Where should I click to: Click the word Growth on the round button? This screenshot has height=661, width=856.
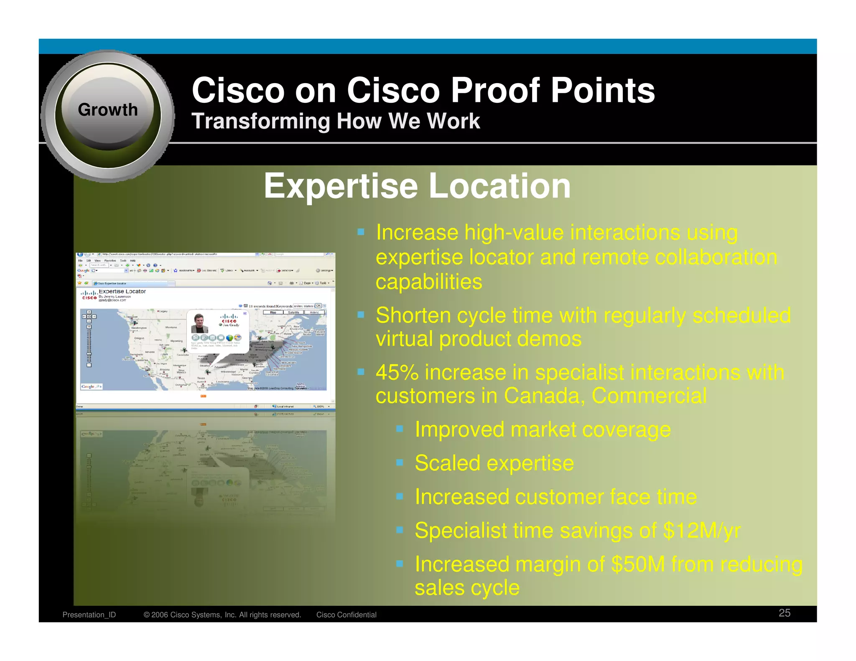pyautogui.click(x=107, y=110)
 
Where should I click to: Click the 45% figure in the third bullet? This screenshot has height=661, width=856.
pyautogui.click(x=397, y=372)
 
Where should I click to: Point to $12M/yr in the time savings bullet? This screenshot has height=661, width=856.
pyautogui.click(x=702, y=531)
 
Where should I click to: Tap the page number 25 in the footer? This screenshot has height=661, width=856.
pyautogui.click(x=784, y=613)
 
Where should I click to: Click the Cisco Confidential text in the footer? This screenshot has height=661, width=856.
pyautogui.click(x=346, y=615)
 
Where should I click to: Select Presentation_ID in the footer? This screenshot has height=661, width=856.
pyautogui.click(x=89, y=615)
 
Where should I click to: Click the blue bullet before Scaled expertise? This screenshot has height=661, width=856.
pyautogui.click(x=400, y=463)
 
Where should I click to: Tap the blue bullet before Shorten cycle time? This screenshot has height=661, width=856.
pyautogui.click(x=361, y=314)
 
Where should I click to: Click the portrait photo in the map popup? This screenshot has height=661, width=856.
pyautogui.click(x=199, y=323)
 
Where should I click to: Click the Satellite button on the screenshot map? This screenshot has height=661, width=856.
pyautogui.click(x=293, y=312)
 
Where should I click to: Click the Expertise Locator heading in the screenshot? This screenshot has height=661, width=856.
pyautogui.click(x=122, y=291)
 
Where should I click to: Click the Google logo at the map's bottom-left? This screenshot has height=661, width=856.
pyautogui.click(x=89, y=386)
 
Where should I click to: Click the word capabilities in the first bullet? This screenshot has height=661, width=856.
pyautogui.click(x=429, y=282)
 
